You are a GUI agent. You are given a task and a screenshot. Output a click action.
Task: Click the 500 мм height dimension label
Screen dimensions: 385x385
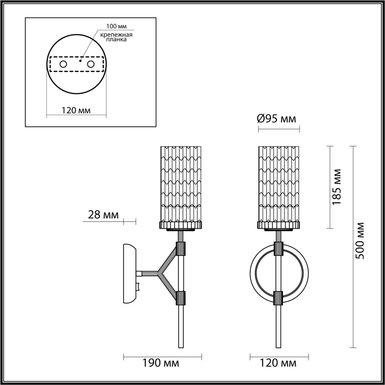point(359,241)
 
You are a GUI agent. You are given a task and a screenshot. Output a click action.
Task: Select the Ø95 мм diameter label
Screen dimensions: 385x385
point(276,119)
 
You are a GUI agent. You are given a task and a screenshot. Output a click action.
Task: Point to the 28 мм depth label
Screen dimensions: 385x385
point(103,215)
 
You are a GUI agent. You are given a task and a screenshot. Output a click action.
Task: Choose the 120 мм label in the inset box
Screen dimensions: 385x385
point(76,110)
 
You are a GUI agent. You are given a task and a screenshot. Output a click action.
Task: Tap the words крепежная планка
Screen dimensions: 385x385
point(116,37)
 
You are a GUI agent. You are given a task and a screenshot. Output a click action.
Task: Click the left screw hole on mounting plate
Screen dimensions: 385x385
point(63,64)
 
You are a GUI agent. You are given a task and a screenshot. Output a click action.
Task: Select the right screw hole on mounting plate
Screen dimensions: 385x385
point(90,64)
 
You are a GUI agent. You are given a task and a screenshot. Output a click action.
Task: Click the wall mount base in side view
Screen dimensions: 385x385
point(129,274)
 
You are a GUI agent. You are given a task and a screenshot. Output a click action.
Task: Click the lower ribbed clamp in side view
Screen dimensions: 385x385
point(181,297)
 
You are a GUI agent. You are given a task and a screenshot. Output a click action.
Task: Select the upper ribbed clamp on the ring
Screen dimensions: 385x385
point(278,248)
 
